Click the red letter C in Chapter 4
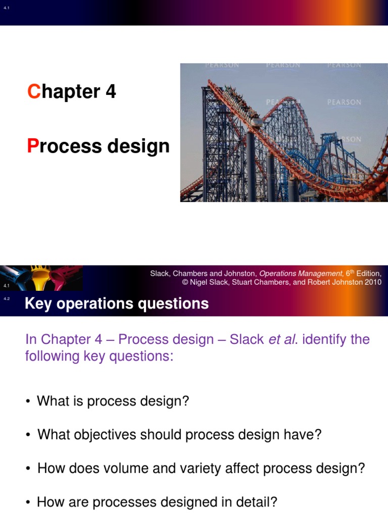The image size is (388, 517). point(33,92)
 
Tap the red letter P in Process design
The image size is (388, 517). point(32,146)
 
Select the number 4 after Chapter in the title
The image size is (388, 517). point(111,92)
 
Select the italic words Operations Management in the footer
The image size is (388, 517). point(301,274)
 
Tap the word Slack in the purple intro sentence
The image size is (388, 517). point(247,339)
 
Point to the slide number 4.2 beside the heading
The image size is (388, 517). point(7,299)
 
